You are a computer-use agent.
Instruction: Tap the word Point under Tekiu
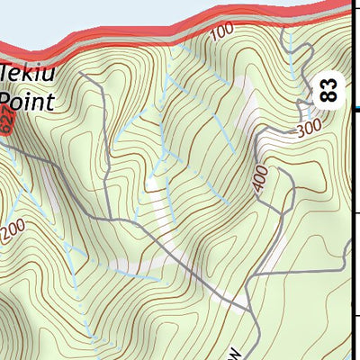[x=27, y=98]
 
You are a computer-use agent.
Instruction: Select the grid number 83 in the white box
[x=330, y=89]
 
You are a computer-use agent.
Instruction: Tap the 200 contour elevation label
[x=13, y=232]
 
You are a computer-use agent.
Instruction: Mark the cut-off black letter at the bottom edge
[x=237, y=353]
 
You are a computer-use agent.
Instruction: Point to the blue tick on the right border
[x=354, y=111]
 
